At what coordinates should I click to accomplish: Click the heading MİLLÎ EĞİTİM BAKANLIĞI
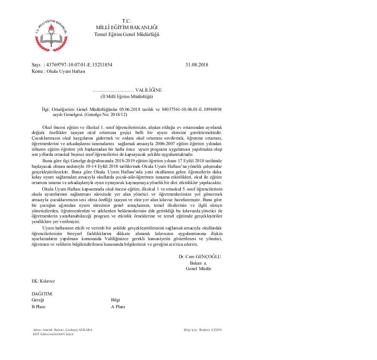click(126, 27)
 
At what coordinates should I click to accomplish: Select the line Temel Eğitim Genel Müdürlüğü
click(127, 34)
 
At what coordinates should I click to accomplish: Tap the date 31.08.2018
click(197, 65)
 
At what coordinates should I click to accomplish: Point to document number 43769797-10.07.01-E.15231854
click(79, 65)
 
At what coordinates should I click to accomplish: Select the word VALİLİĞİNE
click(149, 90)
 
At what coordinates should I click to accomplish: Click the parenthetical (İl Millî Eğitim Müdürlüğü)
click(127, 96)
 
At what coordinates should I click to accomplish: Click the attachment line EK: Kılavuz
click(43, 281)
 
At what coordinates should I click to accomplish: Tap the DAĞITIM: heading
click(42, 294)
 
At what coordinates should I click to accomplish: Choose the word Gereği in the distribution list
click(38, 300)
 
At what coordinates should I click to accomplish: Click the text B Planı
click(39, 306)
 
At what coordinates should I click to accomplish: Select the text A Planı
click(118, 306)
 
